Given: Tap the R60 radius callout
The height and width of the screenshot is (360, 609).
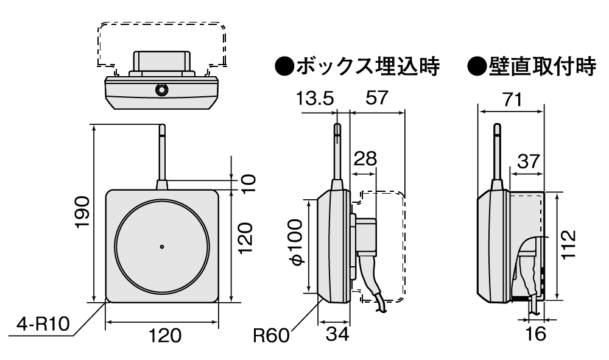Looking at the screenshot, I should coord(272,334).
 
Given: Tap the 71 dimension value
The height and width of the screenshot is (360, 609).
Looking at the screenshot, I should coord(512,100).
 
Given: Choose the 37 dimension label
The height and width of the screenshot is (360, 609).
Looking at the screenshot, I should coord(527,161).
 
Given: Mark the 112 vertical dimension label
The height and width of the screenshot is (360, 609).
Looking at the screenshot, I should coord(568,245).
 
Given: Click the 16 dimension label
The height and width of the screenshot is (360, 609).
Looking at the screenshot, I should coord(536,334).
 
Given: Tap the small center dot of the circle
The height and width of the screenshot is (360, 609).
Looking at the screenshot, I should coord(162,247).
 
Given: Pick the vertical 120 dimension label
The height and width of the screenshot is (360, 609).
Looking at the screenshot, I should coord(244,238).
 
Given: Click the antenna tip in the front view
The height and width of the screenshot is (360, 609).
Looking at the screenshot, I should coord(162,128).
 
